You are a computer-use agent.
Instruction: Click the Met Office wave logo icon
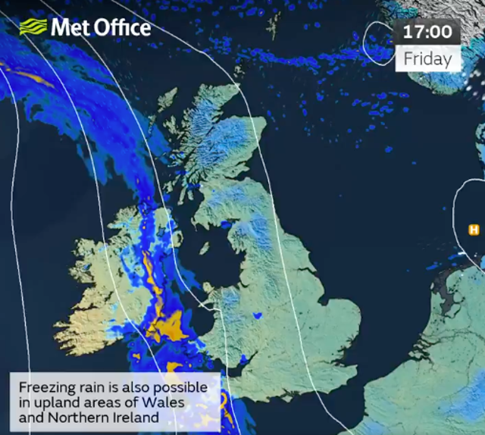click(x=33, y=28)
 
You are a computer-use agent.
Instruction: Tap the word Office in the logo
click(x=120, y=28)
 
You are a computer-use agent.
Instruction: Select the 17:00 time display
click(x=427, y=32)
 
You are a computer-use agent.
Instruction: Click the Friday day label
click(x=427, y=58)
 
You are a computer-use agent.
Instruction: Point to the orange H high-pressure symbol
click(x=474, y=230)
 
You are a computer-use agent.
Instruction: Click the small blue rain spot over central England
click(x=257, y=315)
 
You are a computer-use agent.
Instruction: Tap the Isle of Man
click(x=204, y=248)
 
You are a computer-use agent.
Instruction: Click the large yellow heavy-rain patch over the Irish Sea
click(x=168, y=327)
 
